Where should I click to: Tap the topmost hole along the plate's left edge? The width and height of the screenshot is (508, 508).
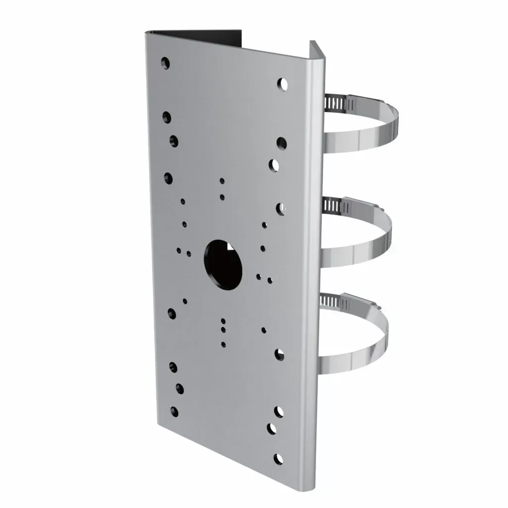click(x=166, y=63)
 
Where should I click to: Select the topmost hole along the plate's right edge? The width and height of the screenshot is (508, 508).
click(x=283, y=84)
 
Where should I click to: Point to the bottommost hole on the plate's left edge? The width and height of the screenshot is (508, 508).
click(x=173, y=411)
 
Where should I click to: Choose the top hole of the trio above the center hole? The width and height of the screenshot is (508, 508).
click(x=222, y=181)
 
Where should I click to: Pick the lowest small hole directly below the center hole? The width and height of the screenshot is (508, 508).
click(x=223, y=344)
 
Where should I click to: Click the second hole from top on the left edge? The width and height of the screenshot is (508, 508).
click(x=167, y=117)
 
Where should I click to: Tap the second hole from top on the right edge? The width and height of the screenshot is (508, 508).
click(x=281, y=143)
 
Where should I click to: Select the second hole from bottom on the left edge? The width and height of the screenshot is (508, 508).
click(x=173, y=387)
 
